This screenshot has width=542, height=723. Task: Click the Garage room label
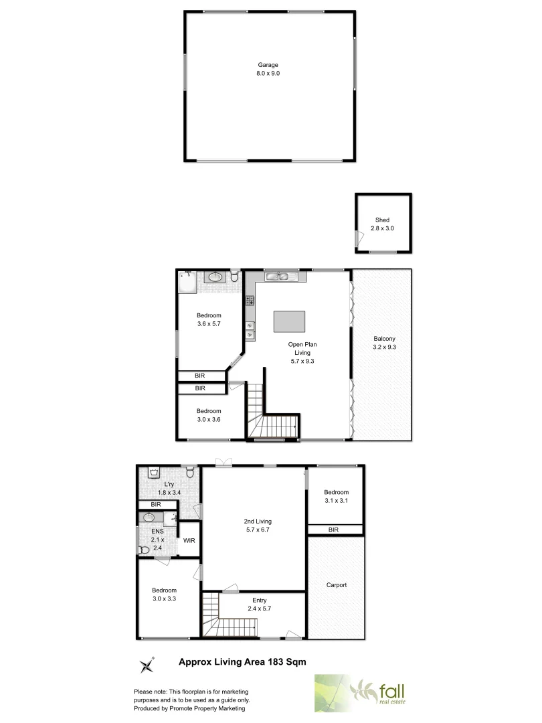pyautogui.click(x=268, y=69)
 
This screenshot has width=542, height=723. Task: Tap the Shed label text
pyautogui.click(x=382, y=224)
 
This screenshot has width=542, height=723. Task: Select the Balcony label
pyautogui.click(x=384, y=343)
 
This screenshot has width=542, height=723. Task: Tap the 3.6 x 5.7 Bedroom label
pyautogui.click(x=208, y=319)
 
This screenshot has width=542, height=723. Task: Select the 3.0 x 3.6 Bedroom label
pyautogui.click(x=208, y=415)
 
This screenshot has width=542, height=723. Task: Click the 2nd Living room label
pyautogui.click(x=257, y=526)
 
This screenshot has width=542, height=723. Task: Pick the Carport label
pyautogui.click(x=337, y=585)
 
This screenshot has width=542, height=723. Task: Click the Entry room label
pyautogui.click(x=260, y=605)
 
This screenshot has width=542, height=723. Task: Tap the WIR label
pyautogui.click(x=189, y=541)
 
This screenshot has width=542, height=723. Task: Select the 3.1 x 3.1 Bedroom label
pyautogui.click(x=337, y=495)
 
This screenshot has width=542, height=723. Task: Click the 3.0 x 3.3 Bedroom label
pyautogui.click(x=163, y=594)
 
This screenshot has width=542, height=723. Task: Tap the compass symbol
pyautogui.click(x=147, y=665)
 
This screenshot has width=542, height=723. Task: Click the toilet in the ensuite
pyautogui.click(x=143, y=550)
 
